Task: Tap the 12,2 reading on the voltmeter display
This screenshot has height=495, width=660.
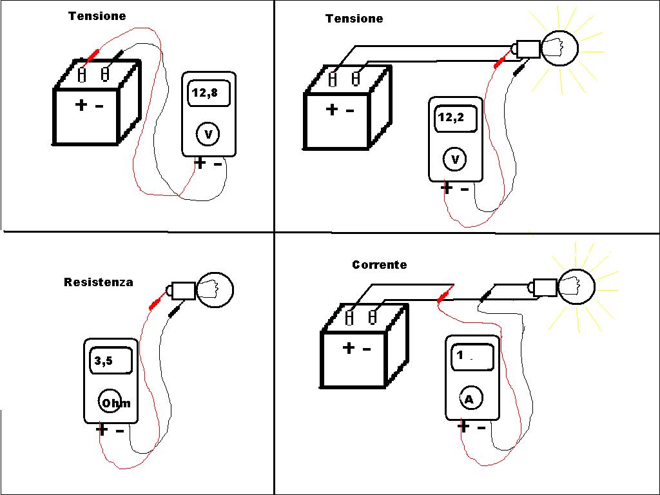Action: [x=450, y=118]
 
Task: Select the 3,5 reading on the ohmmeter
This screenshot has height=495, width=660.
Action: [x=104, y=361]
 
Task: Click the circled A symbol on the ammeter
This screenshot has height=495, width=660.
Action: [x=469, y=400]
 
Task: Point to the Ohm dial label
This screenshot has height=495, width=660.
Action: [x=115, y=403]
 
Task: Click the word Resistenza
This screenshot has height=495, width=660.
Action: [x=99, y=282]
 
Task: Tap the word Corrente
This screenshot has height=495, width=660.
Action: [x=380, y=265]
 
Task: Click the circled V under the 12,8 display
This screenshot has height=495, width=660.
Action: [x=208, y=135]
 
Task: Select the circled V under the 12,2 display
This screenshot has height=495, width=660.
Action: [x=455, y=159]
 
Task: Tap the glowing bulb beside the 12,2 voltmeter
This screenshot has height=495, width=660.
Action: [x=559, y=47]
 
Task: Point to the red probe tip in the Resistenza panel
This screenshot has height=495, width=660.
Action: [x=155, y=303]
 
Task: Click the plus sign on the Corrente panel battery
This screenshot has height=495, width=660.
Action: [x=349, y=348]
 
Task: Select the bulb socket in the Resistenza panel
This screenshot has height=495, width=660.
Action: [x=182, y=291]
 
